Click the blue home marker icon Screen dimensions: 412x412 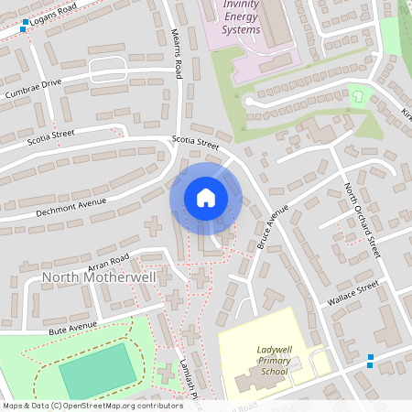[206, 198]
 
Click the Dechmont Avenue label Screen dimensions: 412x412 [70, 206]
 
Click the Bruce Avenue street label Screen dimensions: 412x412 [272, 226]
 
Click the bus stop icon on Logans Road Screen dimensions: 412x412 [23, 27]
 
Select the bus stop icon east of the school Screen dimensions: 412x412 [370, 360]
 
